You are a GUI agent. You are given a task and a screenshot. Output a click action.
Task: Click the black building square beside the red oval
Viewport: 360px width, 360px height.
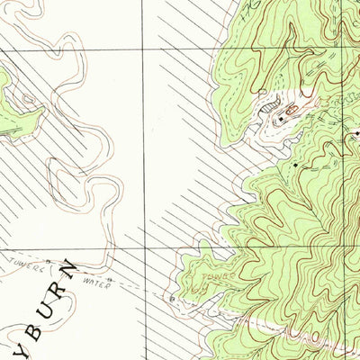click(x=280, y=118)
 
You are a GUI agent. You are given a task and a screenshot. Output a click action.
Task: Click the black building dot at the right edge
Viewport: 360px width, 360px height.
click(x=357, y=135)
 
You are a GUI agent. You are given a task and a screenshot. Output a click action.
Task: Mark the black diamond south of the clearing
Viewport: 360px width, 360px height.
click(x=296, y=166)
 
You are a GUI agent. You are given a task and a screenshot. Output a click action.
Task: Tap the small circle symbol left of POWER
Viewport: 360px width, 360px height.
click(x=169, y=295)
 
